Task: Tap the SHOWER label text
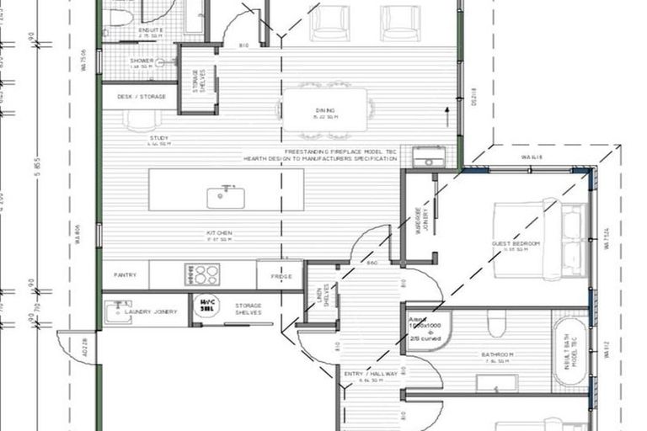click(140, 61)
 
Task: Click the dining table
click(325, 110)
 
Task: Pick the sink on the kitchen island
click(226, 197)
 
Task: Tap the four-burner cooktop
click(202, 274)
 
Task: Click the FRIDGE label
click(280, 275)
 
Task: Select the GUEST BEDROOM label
click(515, 244)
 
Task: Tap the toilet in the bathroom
click(496, 323)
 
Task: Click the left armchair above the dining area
click(328, 22)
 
